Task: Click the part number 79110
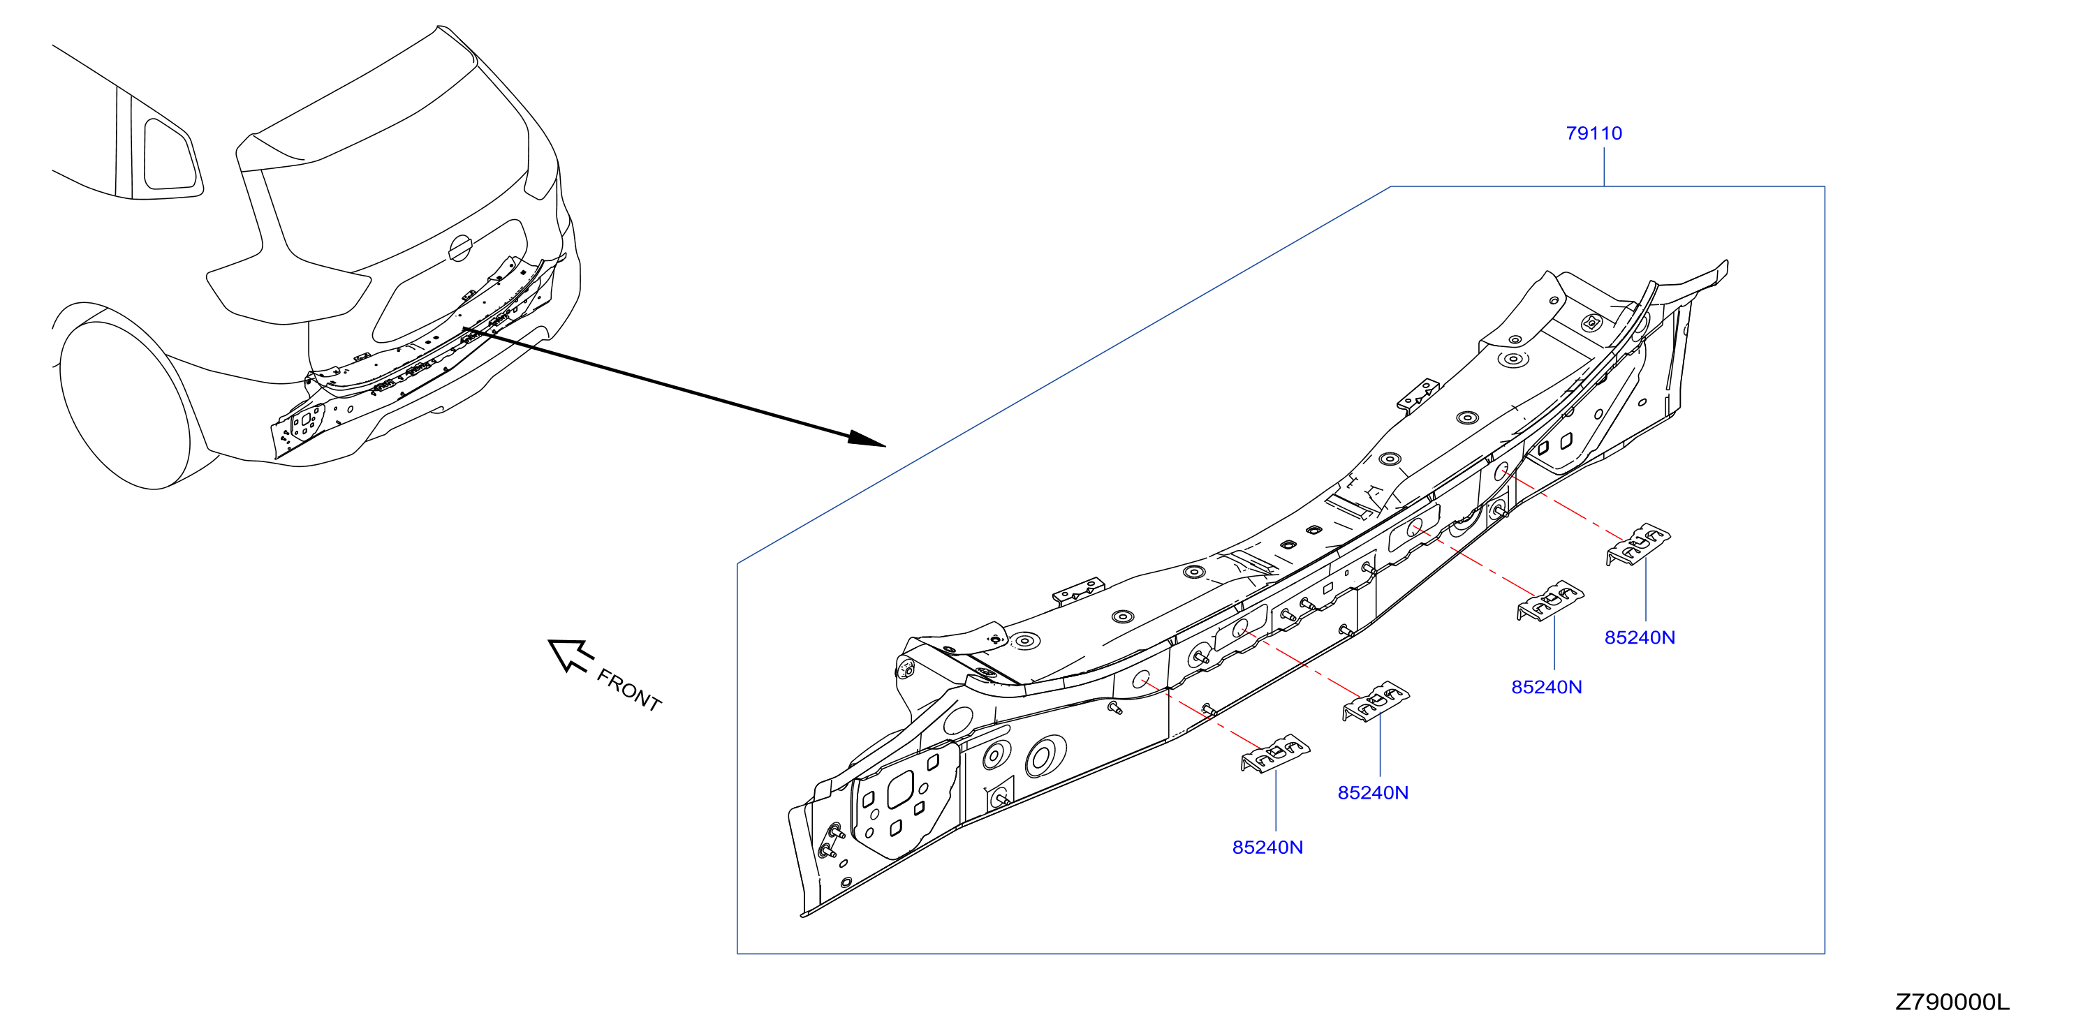[1594, 133]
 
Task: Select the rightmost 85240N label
[1640, 637]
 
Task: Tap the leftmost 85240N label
[1267, 847]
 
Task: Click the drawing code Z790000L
[1952, 1002]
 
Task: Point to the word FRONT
[628, 690]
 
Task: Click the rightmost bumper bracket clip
[1638, 544]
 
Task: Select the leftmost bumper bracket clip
[1274, 754]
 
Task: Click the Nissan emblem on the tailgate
[460, 249]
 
